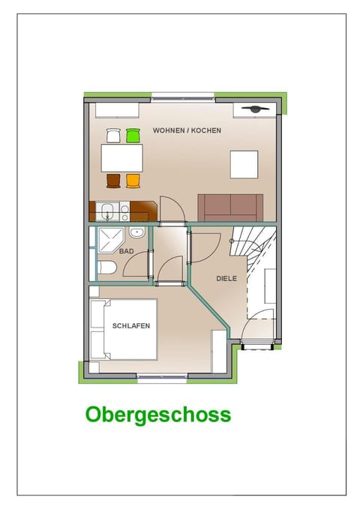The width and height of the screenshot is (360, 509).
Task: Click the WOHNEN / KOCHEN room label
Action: click(187, 130)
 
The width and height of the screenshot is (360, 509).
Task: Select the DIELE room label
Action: click(226, 278)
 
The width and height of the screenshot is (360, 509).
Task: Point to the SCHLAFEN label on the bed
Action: click(132, 326)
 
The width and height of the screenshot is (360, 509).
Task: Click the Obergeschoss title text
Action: click(157, 415)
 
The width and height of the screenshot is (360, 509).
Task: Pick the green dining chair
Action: click(133, 136)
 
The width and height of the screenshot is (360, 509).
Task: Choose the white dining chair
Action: click(113, 136)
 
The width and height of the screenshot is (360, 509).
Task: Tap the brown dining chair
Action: click(113, 180)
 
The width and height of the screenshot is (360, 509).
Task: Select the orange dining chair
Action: click(133, 180)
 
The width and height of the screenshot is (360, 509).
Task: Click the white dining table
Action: click(122, 157)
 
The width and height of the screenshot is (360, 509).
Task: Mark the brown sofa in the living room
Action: click(230, 208)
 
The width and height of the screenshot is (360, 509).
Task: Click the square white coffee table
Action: click(244, 164)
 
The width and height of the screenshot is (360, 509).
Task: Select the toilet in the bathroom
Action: click(106, 268)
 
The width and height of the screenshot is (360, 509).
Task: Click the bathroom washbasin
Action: click(136, 232)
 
